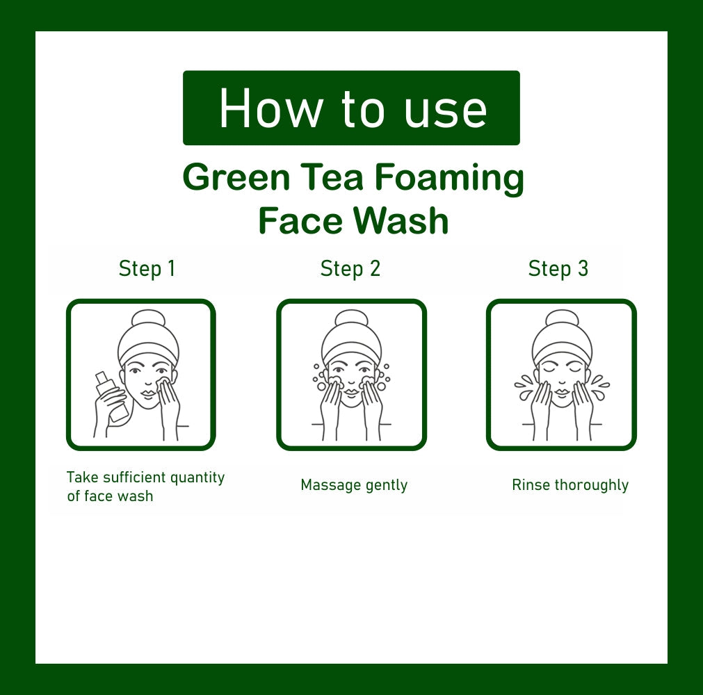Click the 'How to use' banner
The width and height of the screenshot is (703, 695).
click(x=351, y=108)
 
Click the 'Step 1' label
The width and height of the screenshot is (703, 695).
click(x=147, y=269)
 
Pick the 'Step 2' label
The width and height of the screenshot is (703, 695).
click(x=350, y=269)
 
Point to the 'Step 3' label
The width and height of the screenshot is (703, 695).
click(x=558, y=269)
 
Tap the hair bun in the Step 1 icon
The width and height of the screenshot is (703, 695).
click(x=148, y=319)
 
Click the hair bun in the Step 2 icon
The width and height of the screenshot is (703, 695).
click(x=351, y=319)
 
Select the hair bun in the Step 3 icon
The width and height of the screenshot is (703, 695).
click(x=562, y=319)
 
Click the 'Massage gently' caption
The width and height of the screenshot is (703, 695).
click(x=354, y=485)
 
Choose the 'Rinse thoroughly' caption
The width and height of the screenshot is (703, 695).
click(x=570, y=485)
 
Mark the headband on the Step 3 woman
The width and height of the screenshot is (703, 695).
click(x=562, y=350)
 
